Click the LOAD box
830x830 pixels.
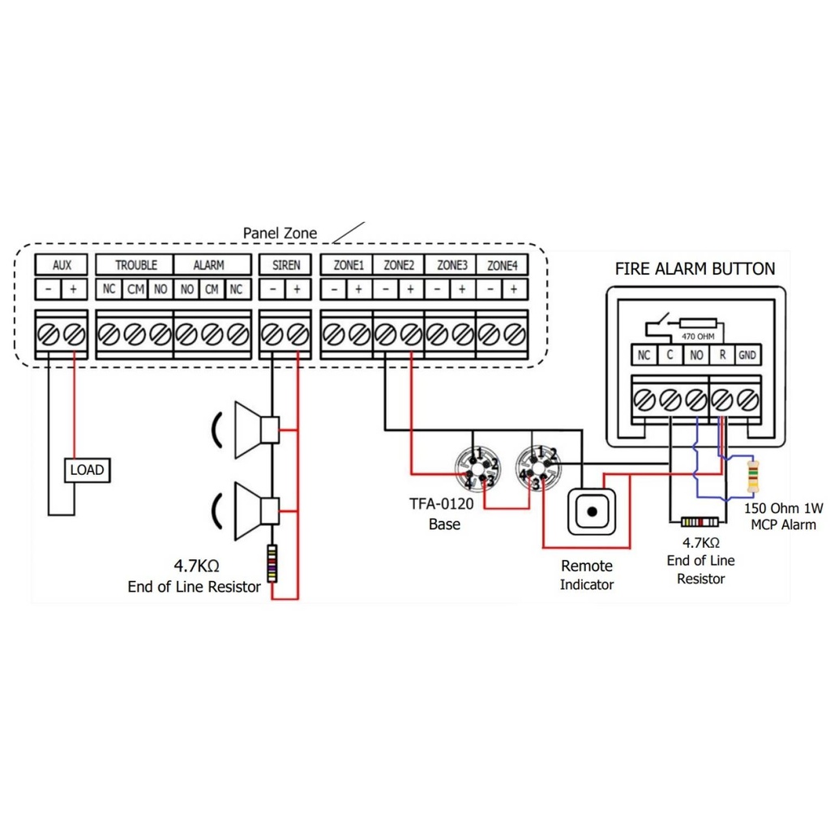point(87,469)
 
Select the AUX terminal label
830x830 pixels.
point(62,265)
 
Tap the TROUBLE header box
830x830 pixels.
point(135,265)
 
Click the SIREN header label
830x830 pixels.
point(285,265)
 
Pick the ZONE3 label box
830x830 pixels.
point(451,265)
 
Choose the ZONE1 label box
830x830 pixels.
point(346,265)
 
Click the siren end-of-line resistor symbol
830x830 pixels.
point(273,564)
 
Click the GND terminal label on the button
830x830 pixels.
point(747,355)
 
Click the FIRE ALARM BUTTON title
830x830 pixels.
point(695,268)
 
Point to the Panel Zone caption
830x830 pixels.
point(280,233)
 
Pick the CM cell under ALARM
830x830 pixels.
point(212,289)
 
